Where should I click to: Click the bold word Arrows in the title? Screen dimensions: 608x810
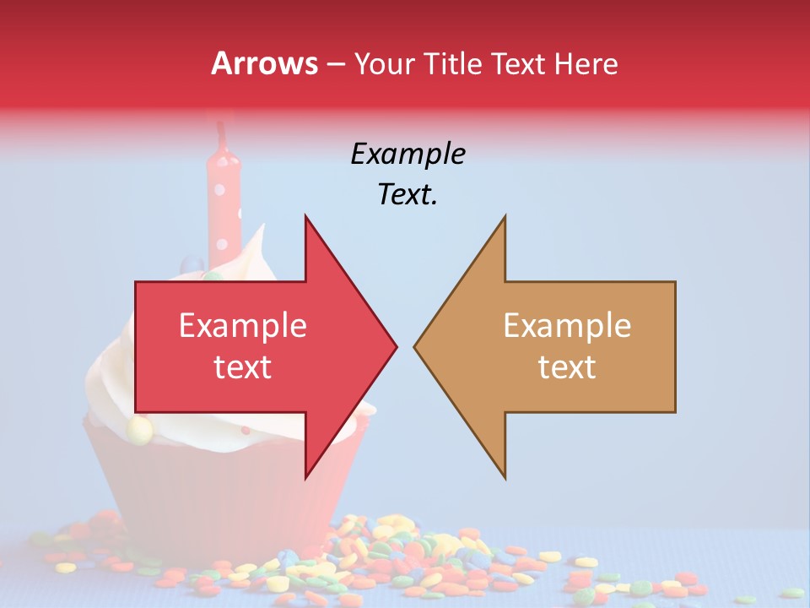pyautogui.click(x=264, y=63)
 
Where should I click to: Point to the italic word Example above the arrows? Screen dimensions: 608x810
pyautogui.click(x=408, y=154)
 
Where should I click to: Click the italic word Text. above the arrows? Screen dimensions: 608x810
pyautogui.click(x=408, y=194)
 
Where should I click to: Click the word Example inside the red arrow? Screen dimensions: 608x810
pyautogui.click(x=243, y=325)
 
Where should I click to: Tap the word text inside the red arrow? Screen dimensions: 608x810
pyautogui.click(x=243, y=366)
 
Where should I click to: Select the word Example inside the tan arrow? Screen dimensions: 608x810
pyautogui.click(x=567, y=325)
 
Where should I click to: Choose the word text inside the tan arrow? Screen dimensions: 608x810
pyautogui.click(x=567, y=366)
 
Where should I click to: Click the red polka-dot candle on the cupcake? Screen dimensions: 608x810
pyautogui.click(x=224, y=203)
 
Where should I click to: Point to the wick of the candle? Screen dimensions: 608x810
pyautogui.click(x=222, y=132)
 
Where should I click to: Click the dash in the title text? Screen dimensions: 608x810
pyautogui.click(x=335, y=64)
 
